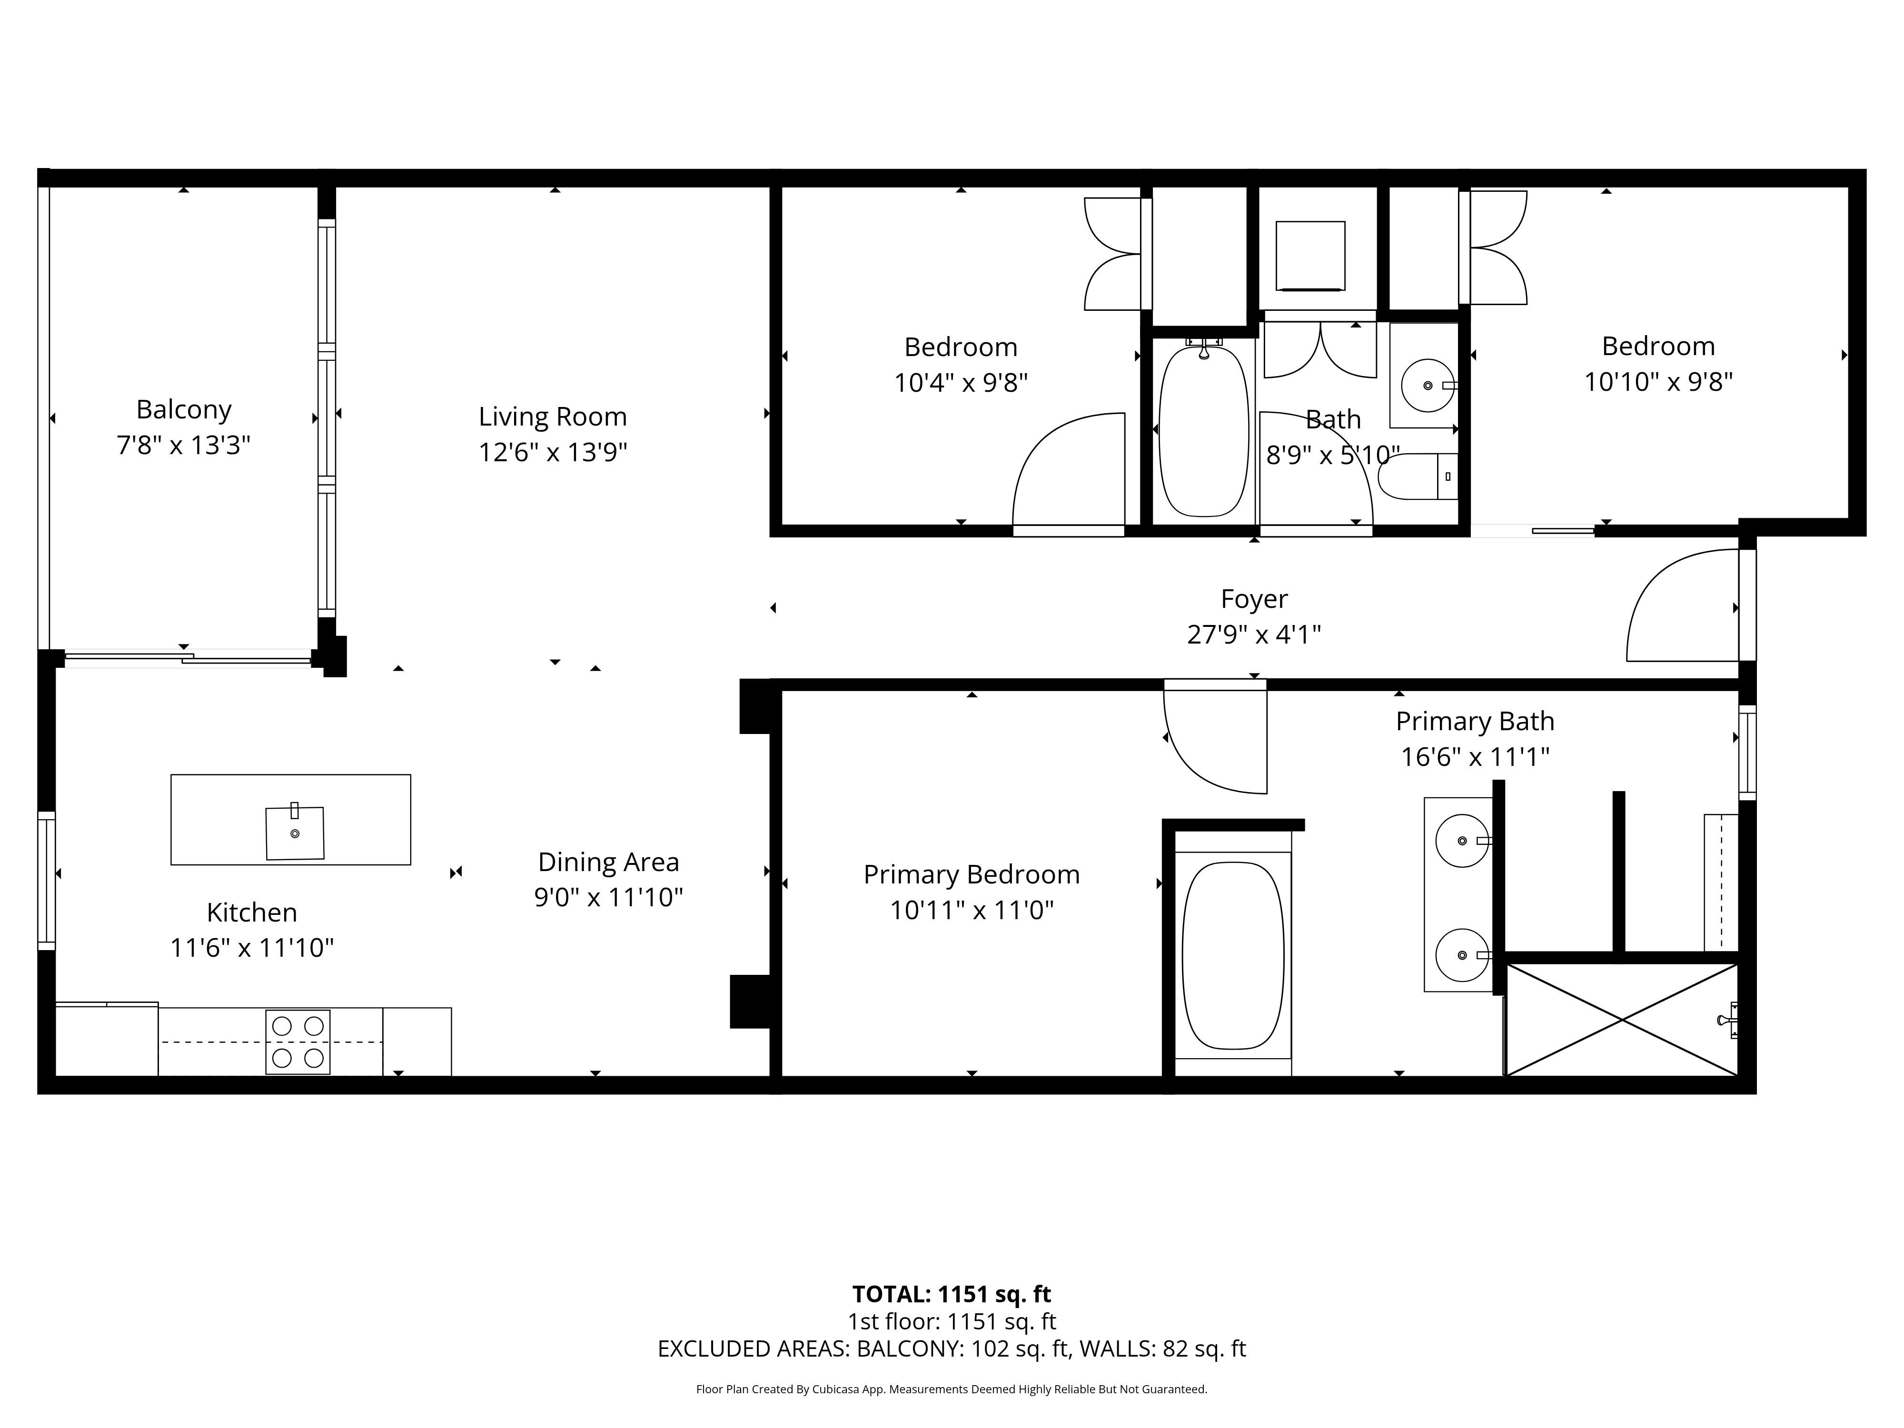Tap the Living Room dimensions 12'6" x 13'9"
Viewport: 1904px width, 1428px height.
tap(553, 452)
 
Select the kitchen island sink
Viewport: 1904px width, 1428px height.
tap(294, 833)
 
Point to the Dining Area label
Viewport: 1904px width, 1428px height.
tap(608, 862)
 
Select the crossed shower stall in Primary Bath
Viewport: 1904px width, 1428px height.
tap(1622, 1020)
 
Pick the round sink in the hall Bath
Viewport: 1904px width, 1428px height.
tap(1429, 386)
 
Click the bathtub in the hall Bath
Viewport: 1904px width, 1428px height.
tap(1203, 430)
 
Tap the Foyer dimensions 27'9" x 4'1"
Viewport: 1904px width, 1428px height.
tap(1254, 635)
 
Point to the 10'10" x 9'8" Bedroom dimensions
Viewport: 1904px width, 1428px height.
tap(1659, 381)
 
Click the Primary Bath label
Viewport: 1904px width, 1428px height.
tap(1475, 721)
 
